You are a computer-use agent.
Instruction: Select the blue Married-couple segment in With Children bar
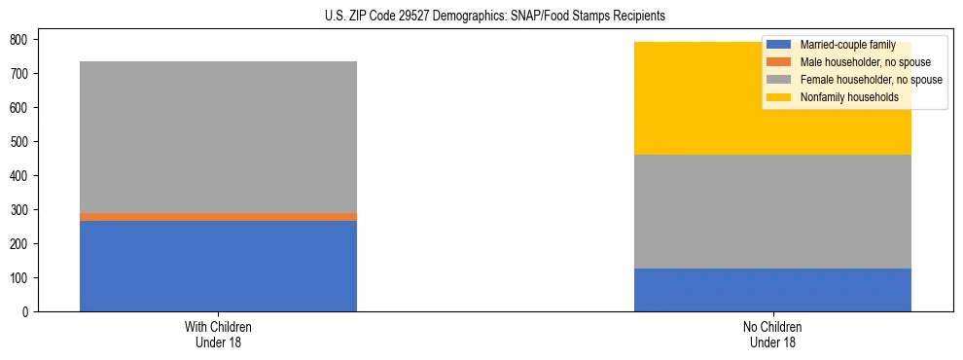point(218,266)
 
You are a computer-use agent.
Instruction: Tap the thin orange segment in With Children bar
point(218,217)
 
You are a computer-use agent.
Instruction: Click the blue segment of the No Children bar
point(772,290)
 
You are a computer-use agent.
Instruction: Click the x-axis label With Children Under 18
point(218,334)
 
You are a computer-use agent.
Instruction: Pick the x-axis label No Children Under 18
point(772,334)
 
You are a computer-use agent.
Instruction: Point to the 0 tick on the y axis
point(28,312)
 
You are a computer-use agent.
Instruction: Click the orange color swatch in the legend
point(779,62)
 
